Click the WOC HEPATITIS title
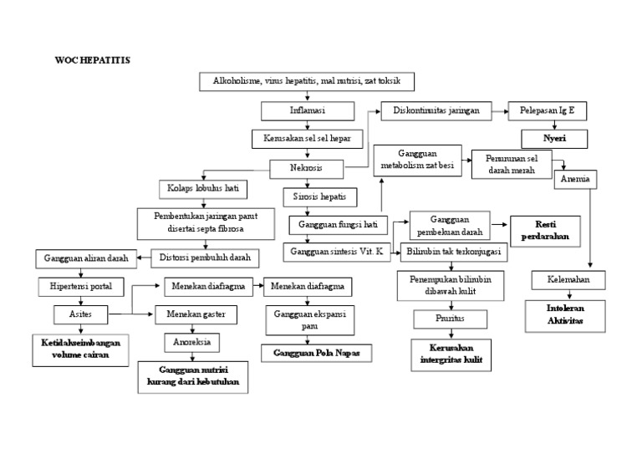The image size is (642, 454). point(92,61)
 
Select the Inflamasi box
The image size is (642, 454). point(307,110)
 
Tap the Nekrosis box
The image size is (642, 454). point(307,169)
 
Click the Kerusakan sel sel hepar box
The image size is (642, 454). point(307,139)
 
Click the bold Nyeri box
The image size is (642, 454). point(554,138)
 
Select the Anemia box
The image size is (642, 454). point(574,179)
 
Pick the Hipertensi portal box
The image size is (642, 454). point(81,287)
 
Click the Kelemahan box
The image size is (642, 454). point(568,279)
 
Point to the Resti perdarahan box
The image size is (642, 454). point(545,230)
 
